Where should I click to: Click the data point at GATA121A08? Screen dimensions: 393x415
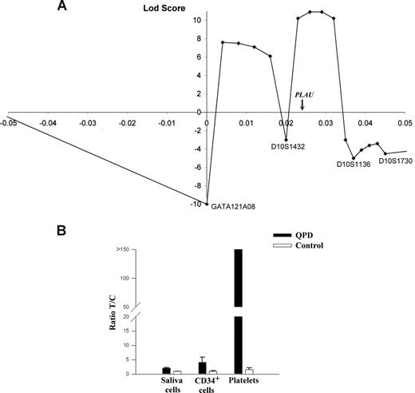pyautogui.click(x=207, y=204)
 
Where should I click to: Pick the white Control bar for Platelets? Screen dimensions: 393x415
pyautogui.click(x=248, y=371)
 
